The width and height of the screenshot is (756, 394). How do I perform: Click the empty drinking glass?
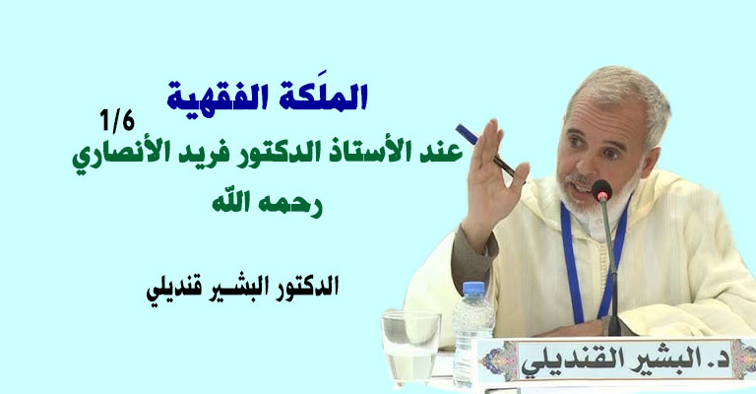411,345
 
